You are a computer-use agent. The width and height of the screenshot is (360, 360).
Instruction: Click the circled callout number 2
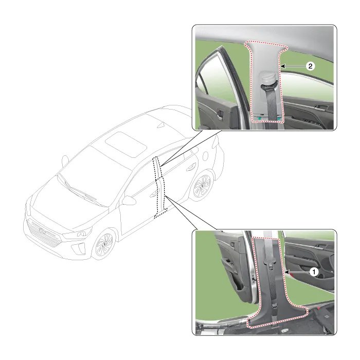point(311,66)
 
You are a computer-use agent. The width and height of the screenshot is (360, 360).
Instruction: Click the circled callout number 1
point(314,272)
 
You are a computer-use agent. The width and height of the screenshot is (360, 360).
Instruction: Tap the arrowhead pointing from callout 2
point(283,66)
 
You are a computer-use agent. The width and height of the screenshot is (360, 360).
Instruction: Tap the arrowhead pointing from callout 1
point(286,272)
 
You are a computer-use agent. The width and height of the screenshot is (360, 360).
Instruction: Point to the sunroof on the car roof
point(126,144)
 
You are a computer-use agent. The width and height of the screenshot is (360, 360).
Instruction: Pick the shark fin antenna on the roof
point(161,125)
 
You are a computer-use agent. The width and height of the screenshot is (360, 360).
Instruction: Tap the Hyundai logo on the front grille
point(42,231)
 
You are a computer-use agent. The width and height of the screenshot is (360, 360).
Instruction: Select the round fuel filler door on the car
point(206,156)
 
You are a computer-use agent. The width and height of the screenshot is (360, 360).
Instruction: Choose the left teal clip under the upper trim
point(260,118)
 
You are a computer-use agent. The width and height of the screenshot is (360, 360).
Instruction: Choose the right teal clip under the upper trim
point(279,119)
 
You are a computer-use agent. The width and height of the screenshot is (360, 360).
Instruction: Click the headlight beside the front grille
point(77,234)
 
